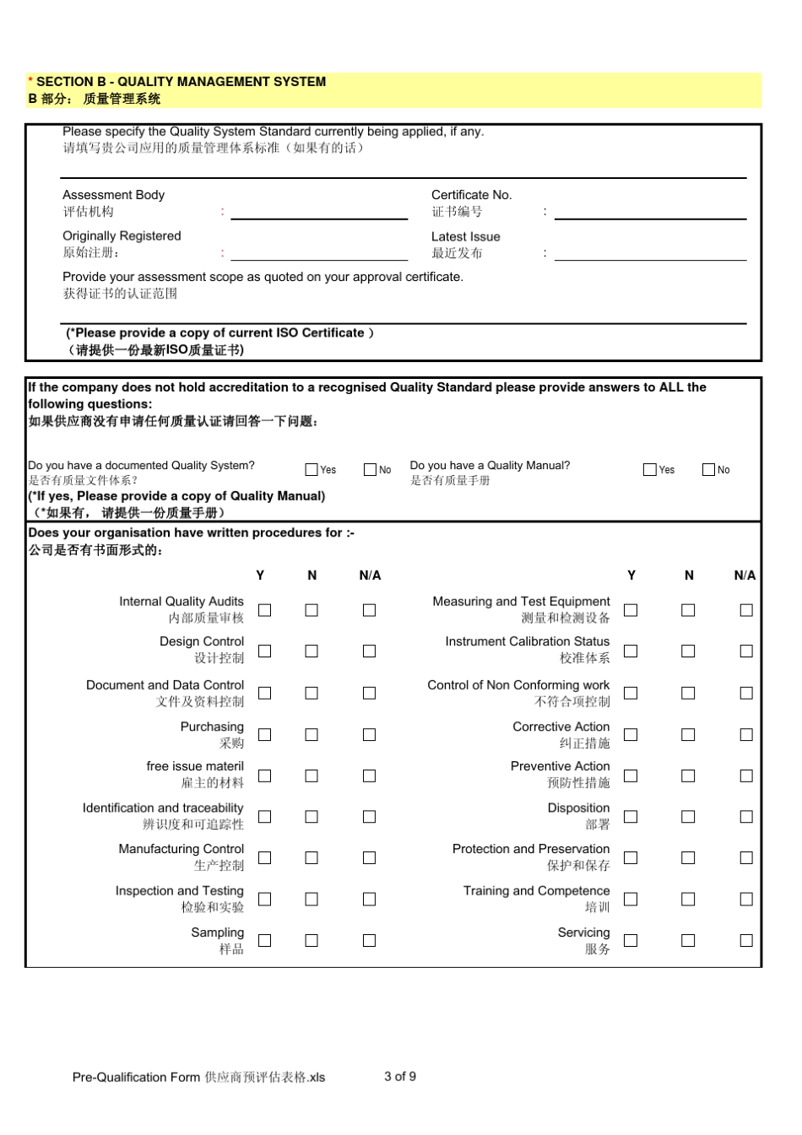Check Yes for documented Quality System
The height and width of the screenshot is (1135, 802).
[x=312, y=470]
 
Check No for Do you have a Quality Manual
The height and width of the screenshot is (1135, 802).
[x=708, y=470]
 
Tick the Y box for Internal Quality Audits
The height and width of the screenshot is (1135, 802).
[x=264, y=610]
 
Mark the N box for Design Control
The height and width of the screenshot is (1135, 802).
[x=312, y=651]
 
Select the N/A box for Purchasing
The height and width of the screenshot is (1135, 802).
[x=369, y=735]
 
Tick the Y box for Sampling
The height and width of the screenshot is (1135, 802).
[x=264, y=940]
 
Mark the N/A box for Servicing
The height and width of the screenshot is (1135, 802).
[x=746, y=940]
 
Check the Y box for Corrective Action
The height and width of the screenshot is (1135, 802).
[x=631, y=735]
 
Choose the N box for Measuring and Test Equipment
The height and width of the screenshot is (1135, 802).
[x=688, y=610]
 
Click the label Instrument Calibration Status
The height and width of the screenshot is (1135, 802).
[x=527, y=642]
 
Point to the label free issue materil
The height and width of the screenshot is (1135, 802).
[x=194, y=766]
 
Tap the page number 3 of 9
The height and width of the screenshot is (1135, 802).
[x=400, y=1076]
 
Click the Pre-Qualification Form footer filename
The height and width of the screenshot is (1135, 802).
[x=198, y=1077]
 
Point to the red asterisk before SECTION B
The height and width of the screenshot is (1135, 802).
[x=31, y=82]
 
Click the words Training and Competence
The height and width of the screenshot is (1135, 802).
[x=536, y=891]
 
